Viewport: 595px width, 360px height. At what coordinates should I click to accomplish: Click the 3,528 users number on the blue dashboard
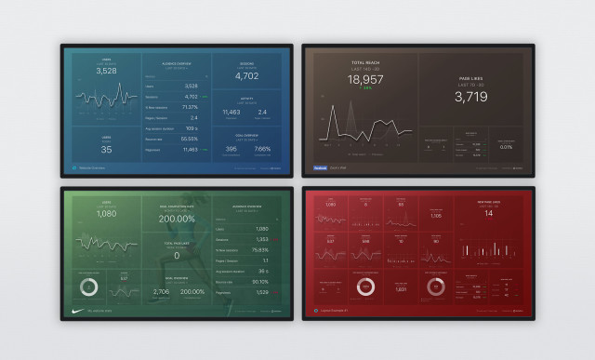106,71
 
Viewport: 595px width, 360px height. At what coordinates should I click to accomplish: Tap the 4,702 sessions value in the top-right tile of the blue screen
246,76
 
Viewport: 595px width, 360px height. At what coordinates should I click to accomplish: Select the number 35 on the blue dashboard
106,149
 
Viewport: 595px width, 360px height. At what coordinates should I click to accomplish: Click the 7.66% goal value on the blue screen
262,149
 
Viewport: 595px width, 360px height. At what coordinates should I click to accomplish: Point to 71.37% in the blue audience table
190,107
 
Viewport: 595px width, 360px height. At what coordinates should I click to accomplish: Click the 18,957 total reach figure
365,80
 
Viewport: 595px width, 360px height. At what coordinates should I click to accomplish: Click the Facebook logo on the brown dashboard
320,167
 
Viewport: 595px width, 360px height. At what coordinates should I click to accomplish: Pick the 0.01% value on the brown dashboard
506,147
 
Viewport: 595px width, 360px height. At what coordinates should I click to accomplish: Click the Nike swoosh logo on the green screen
77,311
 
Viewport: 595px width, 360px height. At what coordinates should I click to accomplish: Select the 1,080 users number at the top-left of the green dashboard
106,213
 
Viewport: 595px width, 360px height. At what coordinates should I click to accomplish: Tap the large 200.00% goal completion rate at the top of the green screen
176,219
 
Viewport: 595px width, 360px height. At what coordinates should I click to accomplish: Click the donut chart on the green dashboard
89,286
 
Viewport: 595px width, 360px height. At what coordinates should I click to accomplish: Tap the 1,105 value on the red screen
436,216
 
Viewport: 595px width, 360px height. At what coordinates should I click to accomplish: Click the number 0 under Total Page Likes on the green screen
176,255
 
